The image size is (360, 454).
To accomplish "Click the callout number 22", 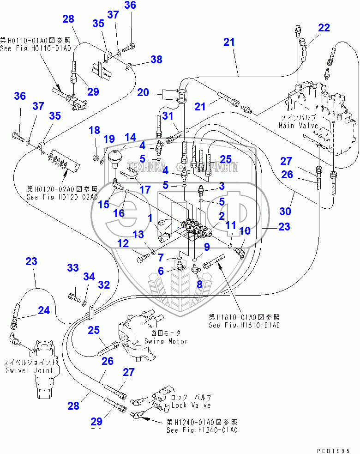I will [x=324, y=28].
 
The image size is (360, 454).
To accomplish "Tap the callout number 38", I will [x=156, y=59].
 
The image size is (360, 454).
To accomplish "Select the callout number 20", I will [x=143, y=92].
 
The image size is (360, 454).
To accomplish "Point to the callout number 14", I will [x=131, y=137].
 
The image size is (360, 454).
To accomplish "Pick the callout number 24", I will [x=43, y=310].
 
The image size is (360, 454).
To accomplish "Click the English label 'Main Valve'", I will [x=296, y=125].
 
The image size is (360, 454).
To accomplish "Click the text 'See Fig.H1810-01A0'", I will [x=244, y=325].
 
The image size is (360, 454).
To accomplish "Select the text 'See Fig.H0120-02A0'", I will [x=62, y=197].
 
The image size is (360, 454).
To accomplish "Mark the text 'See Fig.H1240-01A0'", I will [x=202, y=430].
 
